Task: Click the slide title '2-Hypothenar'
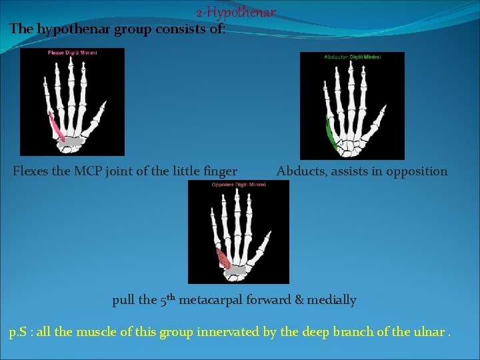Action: click(235, 13)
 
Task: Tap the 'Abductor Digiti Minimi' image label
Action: click(352, 57)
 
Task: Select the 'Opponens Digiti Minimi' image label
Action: click(238, 185)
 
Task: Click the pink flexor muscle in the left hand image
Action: click(56, 128)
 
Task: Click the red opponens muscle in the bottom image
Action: click(223, 259)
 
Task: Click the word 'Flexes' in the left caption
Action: click(31, 171)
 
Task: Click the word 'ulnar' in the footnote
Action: click(427, 331)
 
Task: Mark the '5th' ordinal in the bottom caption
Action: click(167, 299)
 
